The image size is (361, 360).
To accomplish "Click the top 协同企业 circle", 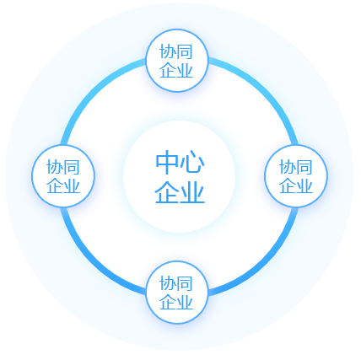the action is point(177,61).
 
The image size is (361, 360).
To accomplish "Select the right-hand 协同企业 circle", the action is point(296,176).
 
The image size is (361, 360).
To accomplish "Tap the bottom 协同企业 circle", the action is point(177,293).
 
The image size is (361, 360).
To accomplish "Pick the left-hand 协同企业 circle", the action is point(63,176).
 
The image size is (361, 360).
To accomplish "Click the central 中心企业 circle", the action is point(179,176).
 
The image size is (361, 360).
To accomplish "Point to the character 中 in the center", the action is point(167,162).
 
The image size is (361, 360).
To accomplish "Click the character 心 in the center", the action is point(192,162).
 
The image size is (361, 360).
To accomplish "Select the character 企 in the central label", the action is point(167,191).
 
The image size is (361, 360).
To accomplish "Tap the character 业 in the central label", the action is point(192,191).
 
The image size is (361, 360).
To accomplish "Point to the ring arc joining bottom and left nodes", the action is point(94,261).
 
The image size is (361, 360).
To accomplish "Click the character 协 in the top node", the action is point(168,51).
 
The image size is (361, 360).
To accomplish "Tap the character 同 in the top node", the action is point(185,51).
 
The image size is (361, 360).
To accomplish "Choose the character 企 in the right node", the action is point(288,185).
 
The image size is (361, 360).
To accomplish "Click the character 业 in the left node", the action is point(72,185).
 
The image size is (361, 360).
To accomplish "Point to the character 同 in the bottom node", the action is point(185,283).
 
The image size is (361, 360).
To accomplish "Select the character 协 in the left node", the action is point(55,167).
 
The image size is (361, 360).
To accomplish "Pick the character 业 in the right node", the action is point(304,185).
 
